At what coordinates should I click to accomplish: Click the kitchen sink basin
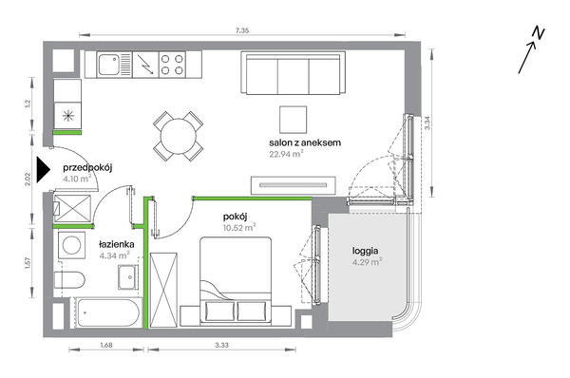[x=108, y=65]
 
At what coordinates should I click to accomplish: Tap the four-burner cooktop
[x=172, y=65]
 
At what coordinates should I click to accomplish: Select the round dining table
[x=179, y=137]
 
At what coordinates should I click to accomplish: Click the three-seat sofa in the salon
[x=293, y=73]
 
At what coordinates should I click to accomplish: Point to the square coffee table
[x=293, y=120]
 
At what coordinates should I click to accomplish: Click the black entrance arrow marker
[x=43, y=169]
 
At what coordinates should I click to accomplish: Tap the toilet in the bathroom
[x=69, y=280]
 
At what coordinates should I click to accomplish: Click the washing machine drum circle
[x=71, y=245]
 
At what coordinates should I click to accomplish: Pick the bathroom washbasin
[x=128, y=277]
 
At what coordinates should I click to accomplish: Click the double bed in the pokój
[x=236, y=281]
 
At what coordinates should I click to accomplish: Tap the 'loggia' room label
[x=365, y=251]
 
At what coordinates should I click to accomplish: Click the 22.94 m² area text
[x=286, y=154]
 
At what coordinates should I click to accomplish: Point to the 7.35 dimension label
[x=242, y=31]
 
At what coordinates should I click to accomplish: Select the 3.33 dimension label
[x=221, y=345]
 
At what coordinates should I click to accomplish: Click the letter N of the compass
[x=538, y=32]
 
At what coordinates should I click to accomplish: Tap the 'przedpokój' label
[x=87, y=168]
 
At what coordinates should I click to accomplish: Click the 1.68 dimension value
[x=106, y=345]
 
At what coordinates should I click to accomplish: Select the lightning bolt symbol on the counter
[x=145, y=65]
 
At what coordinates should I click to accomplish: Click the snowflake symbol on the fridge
[x=68, y=116]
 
